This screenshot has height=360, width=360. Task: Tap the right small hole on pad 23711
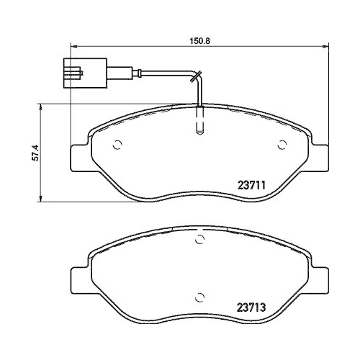point(282,145)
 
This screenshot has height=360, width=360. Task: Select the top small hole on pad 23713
point(199,243)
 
